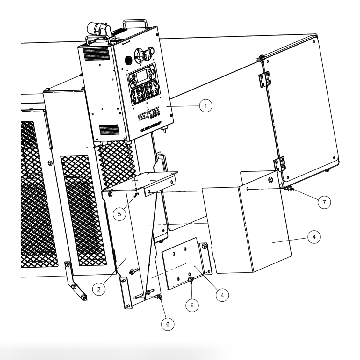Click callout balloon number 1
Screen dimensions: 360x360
[206, 105]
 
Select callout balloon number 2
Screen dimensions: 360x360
[99, 289]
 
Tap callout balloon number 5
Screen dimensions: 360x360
[119, 214]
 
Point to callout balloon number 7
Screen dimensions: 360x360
[324, 202]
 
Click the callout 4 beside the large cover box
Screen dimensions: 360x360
[314, 237]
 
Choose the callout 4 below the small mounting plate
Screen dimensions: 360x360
[222, 295]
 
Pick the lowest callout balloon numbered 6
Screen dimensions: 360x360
[168, 324]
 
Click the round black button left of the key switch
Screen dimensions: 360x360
[128, 60]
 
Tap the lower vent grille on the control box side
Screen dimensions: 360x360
[109, 129]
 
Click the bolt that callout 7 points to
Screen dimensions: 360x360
[289, 189]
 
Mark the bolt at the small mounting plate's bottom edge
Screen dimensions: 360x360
[191, 280]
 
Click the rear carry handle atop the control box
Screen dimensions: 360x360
[135, 25]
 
